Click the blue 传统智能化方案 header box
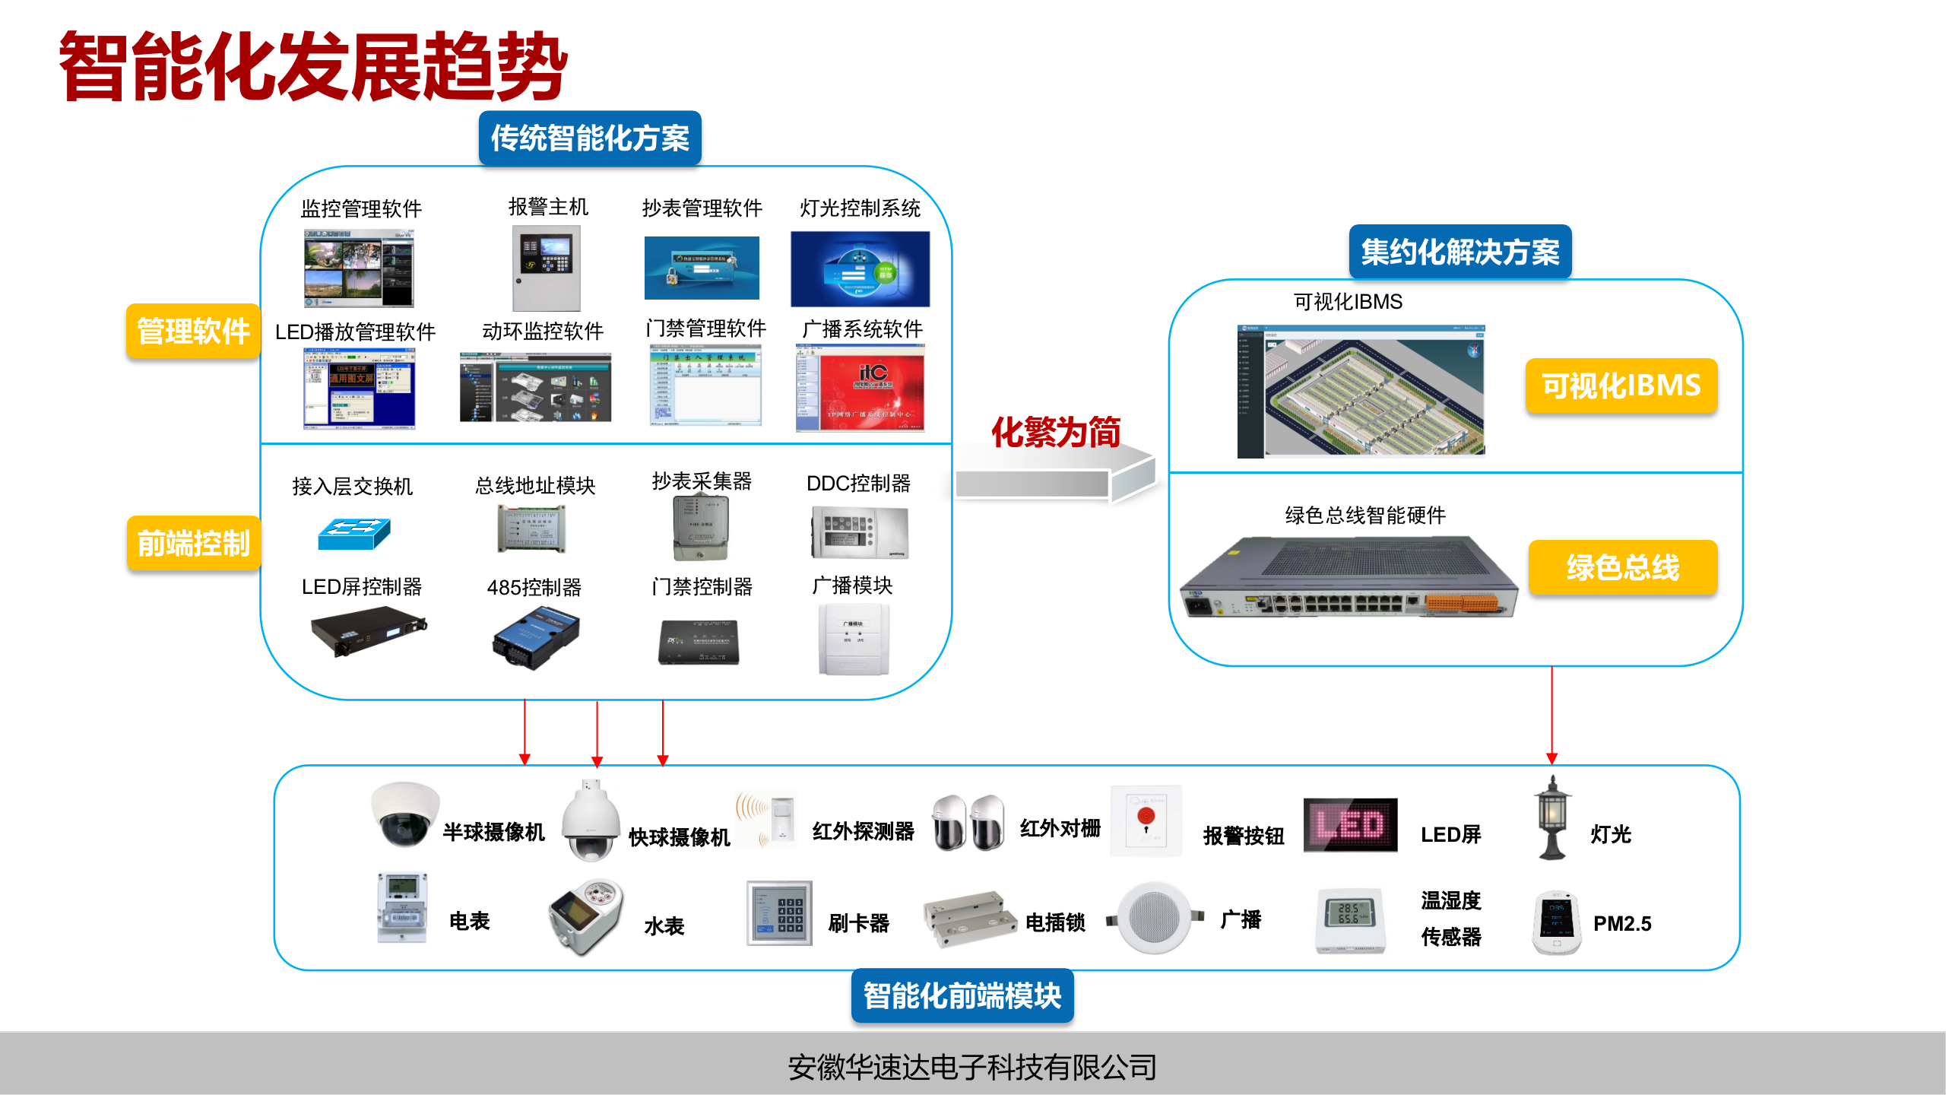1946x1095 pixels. (x=590, y=138)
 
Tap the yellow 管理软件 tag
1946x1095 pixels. (x=193, y=332)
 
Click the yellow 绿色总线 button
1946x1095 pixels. (x=1622, y=567)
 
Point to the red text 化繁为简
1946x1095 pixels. (x=1055, y=432)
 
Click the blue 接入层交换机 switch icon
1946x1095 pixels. (x=354, y=533)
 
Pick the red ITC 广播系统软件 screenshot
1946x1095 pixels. (x=860, y=388)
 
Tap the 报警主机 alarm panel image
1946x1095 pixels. (x=547, y=267)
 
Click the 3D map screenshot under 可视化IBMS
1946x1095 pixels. (x=1361, y=392)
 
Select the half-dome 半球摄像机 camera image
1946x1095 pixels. (x=404, y=814)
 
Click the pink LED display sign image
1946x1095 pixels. (x=1350, y=825)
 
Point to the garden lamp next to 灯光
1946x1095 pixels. (x=1552, y=818)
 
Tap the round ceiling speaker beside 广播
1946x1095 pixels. (x=1154, y=917)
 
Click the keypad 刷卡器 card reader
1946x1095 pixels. (x=779, y=913)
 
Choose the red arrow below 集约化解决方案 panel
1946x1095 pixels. (x=1551, y=715)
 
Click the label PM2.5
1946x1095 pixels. (x=1622, y=923)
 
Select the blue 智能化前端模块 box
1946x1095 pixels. (x=962, y=995)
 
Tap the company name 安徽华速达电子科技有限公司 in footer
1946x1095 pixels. (x=972, y=1067)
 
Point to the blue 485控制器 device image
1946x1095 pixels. (x=536, y=637)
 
